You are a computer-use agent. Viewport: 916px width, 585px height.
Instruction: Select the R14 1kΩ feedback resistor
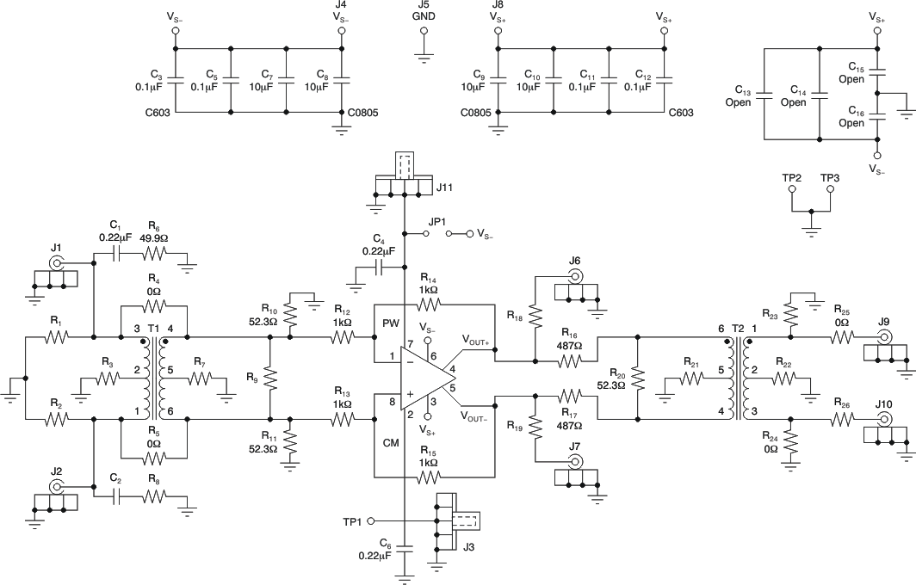coord(427,305)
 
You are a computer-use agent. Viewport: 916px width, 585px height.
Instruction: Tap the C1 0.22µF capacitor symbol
coord(116,254)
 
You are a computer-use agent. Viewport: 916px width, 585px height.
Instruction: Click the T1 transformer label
coord(153,329)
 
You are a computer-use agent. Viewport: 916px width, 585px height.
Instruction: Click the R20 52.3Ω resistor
coord(637,378)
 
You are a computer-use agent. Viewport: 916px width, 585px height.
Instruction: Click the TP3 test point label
coord(830,177)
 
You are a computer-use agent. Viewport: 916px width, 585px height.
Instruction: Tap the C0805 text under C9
coord(475,112)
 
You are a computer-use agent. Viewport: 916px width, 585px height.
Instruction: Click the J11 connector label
coord(444,186)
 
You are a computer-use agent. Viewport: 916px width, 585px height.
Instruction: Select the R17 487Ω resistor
coord(569,396)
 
